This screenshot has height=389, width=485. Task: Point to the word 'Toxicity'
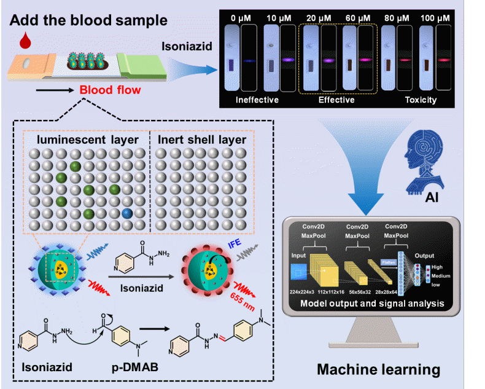click(x=421, y=100)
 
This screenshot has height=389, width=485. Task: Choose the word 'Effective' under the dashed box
click(x=336, y=100)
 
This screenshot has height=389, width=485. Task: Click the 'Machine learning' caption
click(x=378, y=370)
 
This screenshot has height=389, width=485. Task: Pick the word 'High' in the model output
click(x=438, y=267)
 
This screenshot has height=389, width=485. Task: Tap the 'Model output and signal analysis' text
click(x=369, y=303)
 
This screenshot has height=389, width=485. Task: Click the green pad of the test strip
click(x=142, y=66)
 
